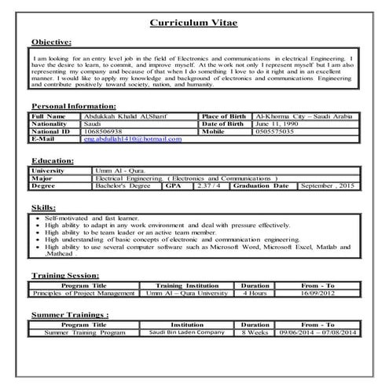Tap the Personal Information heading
tap(74, 105)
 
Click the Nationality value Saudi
tap(92, 123)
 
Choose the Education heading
tap(53, 160)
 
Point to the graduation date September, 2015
tap(328, 185)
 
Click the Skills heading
tap(43, 206)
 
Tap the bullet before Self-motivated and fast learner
tap(39, 217)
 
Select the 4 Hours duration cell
tap(255, 292)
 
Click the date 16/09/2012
tap(318, 292)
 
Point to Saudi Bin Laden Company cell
tap(187, 332)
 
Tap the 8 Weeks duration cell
tap(255, 332)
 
